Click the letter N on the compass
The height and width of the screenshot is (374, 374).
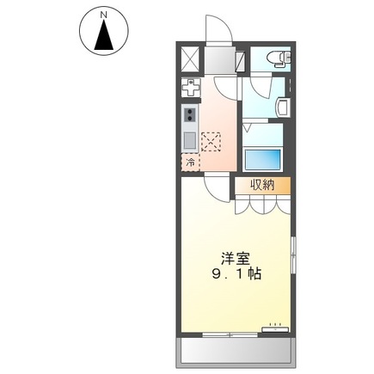[102, 15]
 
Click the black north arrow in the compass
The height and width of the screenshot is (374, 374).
[102, 37]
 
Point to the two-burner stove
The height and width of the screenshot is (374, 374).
[189, 114]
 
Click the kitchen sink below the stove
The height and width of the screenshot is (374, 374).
[189, 138]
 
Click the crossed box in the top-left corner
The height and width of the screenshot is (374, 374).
[191, 59]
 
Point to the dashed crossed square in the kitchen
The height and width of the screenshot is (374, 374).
[211, 140]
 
